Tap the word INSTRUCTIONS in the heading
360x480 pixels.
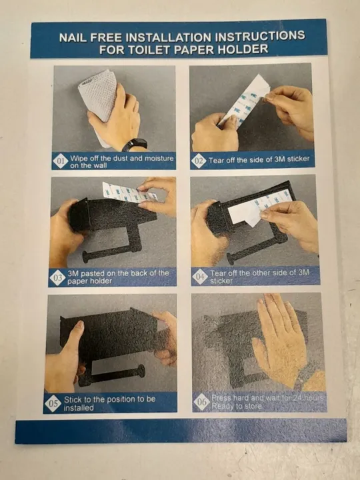tap(260, 36)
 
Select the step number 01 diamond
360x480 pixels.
tap(60, 161)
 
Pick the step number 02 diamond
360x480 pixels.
tap(199, 161)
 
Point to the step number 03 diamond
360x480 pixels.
tap(57, 278)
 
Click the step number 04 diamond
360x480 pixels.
tap(200, 277)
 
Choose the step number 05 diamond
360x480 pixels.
tap(53, 403)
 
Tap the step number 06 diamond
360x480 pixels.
tap(201, 401)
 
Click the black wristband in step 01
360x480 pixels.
tap(135, 144)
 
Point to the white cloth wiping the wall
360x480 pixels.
tap(98, 101)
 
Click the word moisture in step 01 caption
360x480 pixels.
tap(159, 159)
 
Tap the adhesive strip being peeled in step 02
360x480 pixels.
tap(243, 101)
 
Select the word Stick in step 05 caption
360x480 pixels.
tap(71, 399)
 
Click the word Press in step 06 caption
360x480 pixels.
tap(221, 398)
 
